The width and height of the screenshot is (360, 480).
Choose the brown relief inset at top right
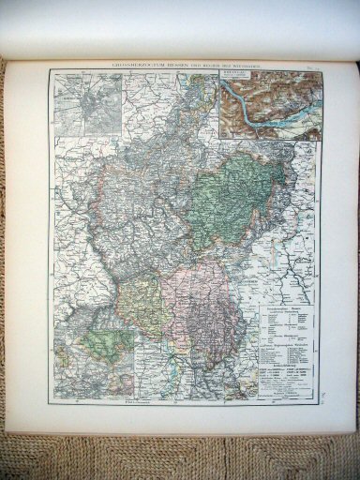(x=269, y=107)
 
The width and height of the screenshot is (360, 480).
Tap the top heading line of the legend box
(x=287, y=309)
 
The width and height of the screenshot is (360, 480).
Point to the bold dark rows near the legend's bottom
(x=286, y=379)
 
